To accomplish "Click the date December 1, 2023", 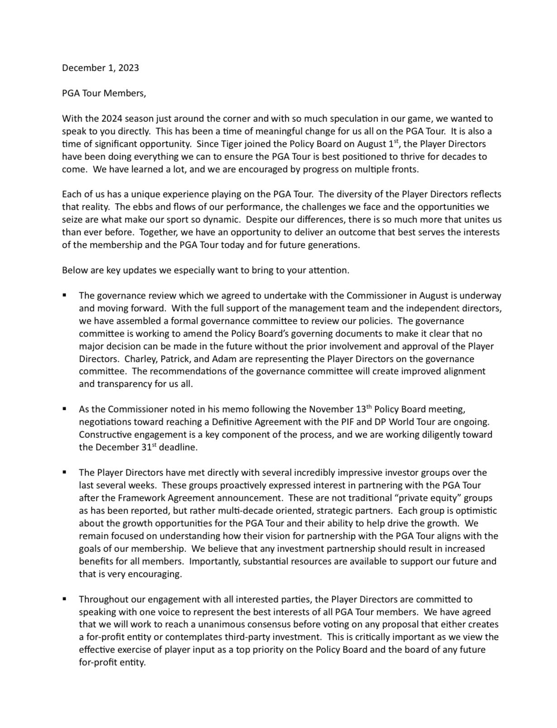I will pyautogui.click(x=100, y=68).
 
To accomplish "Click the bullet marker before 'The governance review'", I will pyautogui.click(x=65, y=295).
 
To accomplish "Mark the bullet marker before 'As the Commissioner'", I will pyautogui.click(x=65, y=409).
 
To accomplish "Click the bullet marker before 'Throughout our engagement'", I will pyautogui.click(x=65, y=599).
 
